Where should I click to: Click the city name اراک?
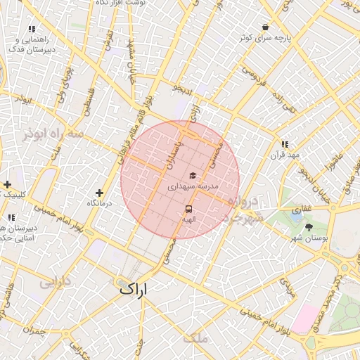tap(135, 288)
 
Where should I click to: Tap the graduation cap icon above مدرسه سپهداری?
tap(192, 176)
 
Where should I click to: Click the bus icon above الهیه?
tap(188, 209)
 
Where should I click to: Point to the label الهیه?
tap(188, 220)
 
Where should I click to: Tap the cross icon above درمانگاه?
tap(99, 192)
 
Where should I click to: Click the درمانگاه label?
tap(99, 203)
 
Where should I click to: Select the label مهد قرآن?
tap(288, 155)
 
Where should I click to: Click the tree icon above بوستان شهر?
tap(309, 226)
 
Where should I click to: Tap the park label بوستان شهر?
tap(309, 239)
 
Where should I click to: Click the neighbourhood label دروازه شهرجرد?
tap(243, 208)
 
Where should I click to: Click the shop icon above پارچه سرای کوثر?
tap(265, 27)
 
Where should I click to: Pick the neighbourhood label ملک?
tap(196, 338)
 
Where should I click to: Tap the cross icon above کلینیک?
tap(7, 184)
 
